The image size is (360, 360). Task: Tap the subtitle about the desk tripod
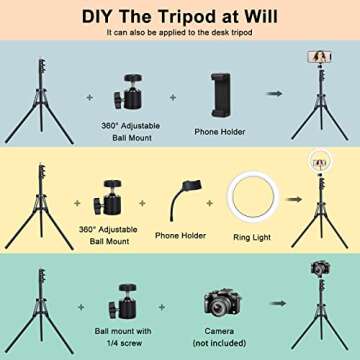[180, 32]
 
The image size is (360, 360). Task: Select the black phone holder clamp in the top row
[223, 94]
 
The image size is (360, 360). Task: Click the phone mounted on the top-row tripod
[321, 58]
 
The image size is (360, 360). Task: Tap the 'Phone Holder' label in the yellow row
[180, 236]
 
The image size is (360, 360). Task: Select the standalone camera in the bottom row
[223, 302]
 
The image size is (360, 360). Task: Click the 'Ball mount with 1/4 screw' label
[130, 335]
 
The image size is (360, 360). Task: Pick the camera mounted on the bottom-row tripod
[320, 269]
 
